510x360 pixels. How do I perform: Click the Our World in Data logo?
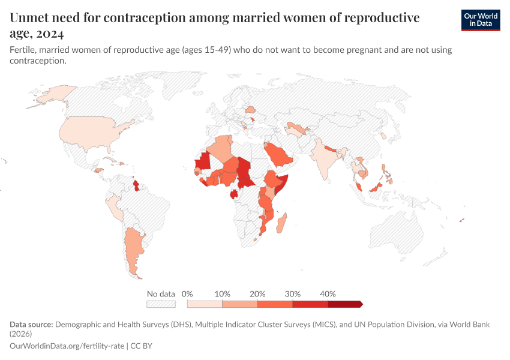(480, 20)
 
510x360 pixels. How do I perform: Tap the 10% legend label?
(223, 294)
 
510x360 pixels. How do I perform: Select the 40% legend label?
(328, 294)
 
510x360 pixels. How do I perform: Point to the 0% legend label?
(187, 294)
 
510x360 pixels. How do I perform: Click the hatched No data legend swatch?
(161, 304)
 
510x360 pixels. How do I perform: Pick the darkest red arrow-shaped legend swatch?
(345, 304)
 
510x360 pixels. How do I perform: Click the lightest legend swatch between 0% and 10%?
(205, 304)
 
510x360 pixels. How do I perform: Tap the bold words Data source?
(31, 325)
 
